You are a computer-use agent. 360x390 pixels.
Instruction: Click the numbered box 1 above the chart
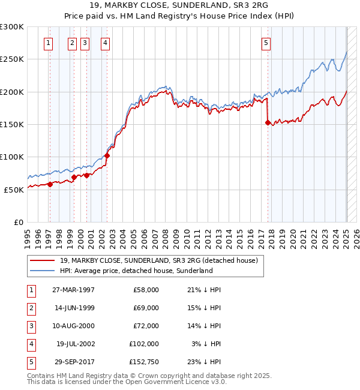click(x=48, y=43)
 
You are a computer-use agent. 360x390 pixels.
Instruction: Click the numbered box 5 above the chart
click(x=266, y=43)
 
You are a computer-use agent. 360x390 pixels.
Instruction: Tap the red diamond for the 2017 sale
click(x=268, y=122)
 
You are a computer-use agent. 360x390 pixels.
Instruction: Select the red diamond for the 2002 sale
click(x=107, y=155)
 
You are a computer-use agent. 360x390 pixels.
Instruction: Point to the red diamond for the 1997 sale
click(x=50, y=184)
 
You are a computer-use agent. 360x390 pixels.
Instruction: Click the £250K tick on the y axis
click(x=13, y=59)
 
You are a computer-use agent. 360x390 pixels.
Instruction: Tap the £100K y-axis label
click(x=13, y=157)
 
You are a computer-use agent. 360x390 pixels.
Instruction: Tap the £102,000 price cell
click(x=145, y=344)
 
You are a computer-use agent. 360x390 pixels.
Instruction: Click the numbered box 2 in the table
click(x=29, y=308)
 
